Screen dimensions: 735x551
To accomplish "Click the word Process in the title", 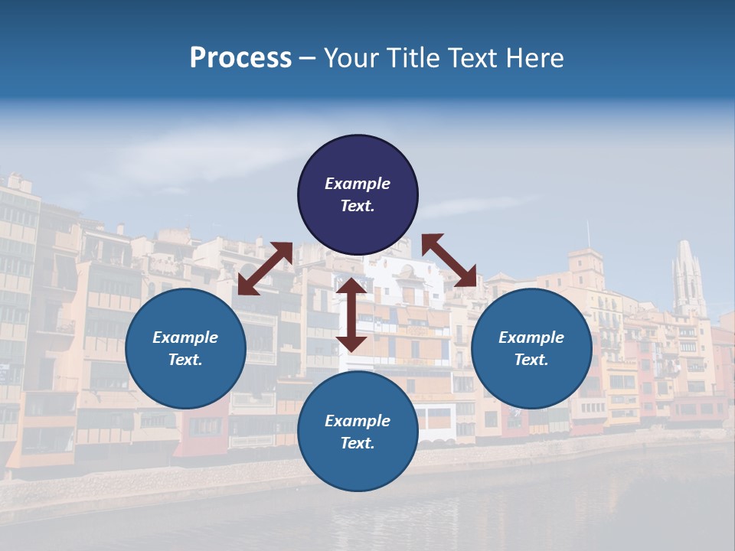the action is pos(240,58).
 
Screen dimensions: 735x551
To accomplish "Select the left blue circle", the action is pos(185,348).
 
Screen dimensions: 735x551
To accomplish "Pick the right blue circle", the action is pos(531,348).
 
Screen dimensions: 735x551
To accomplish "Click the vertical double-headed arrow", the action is pos(351,315).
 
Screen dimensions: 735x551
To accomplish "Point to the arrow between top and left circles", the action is pos(265,269).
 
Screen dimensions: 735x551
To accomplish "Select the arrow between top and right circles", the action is pos(449,260).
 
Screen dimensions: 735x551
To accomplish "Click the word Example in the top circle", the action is pos(358,184).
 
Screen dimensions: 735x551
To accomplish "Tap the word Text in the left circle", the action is pos(185,360).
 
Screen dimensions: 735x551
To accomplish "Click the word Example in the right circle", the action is pos(531,337).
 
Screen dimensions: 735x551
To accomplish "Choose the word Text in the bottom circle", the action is pos(358,443).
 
